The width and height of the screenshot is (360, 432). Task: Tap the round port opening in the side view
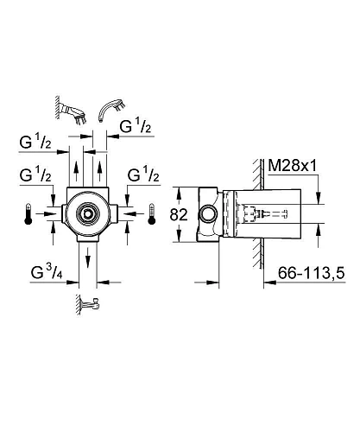[209, 213]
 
